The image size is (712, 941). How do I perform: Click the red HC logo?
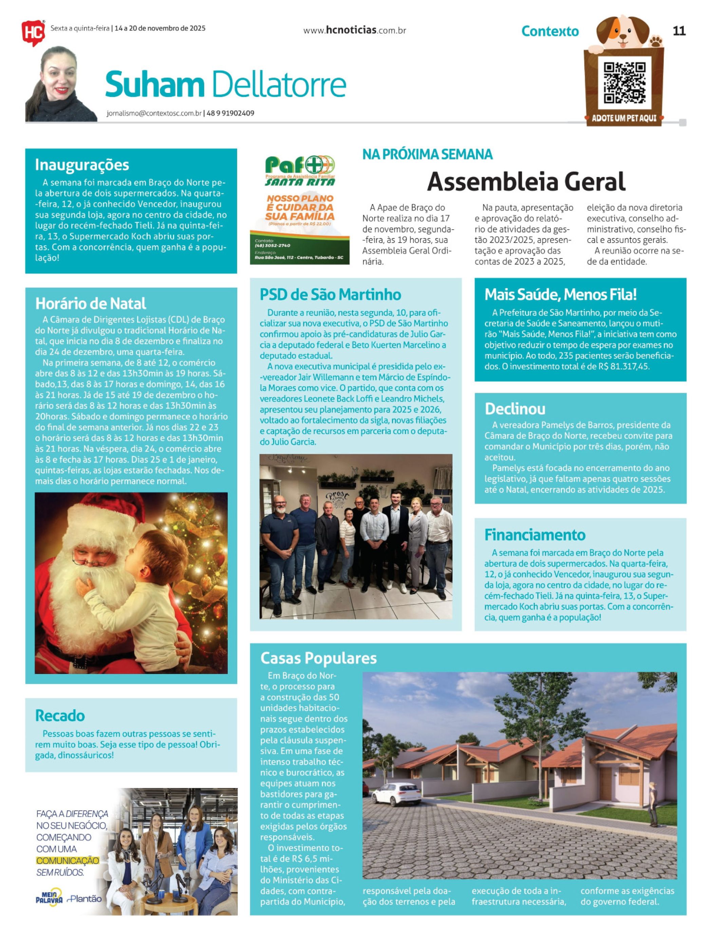(x=33, y=32)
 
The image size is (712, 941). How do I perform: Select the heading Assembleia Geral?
(x=526, y=181)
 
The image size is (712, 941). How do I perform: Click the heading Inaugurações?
(x=82, y=165)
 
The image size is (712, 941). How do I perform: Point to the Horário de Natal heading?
(x=90, y=303)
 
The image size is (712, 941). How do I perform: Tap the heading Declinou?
(x=515, y=409)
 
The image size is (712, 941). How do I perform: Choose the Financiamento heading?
(x=535, y=535)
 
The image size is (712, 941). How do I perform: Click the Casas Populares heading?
(x=318, y=658)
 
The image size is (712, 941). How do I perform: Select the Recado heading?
(x=60, y=715)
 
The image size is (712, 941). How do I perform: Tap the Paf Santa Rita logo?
(x=300, y=170)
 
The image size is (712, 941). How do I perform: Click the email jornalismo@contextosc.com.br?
(x=154, y=114)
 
